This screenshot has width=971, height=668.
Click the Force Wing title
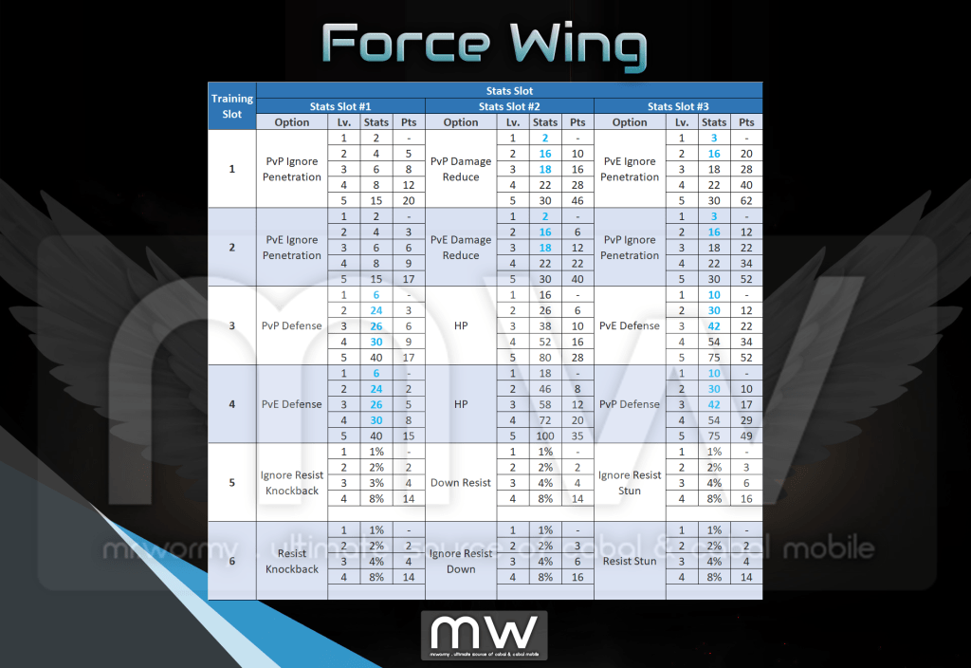coord(484,45)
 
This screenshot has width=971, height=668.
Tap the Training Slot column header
coord(232,106)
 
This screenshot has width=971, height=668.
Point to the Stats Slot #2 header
coord(509,106)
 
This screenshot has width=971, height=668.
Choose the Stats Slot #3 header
coord(678,106)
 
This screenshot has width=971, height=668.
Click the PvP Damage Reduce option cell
coord(461,169)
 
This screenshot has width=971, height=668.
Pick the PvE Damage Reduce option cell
coord(461,248)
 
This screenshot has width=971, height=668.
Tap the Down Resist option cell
coord(461,483)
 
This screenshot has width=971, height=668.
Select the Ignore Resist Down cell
coord(461,561)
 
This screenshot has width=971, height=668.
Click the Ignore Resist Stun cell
coord(630,483)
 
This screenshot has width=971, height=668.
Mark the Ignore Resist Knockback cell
coord(292,483)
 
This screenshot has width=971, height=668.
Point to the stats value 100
coord(545,436)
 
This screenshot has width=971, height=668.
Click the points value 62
coord(747,200)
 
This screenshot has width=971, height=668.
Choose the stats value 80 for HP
coord(545,357)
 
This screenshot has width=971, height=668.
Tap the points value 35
coord(578,436)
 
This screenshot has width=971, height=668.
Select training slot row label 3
coord(232,325)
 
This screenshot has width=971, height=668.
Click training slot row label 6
coord(232,561)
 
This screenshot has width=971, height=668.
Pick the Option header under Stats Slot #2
coord(461,122)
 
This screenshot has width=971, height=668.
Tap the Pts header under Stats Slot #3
coord(747,122)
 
